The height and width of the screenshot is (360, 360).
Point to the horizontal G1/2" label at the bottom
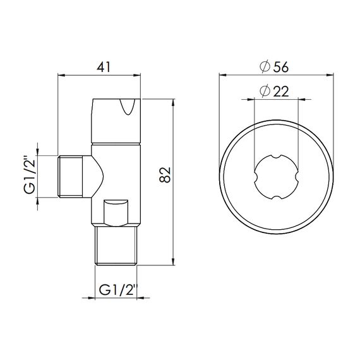tap(117, 291)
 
